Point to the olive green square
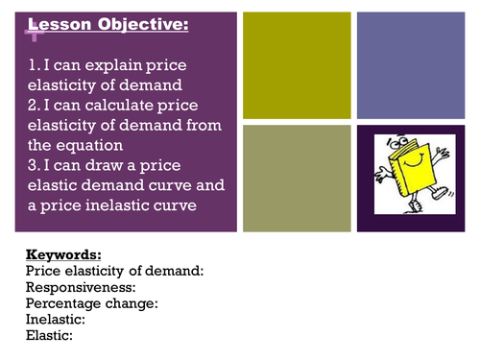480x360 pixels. click(x=297, y=179)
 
